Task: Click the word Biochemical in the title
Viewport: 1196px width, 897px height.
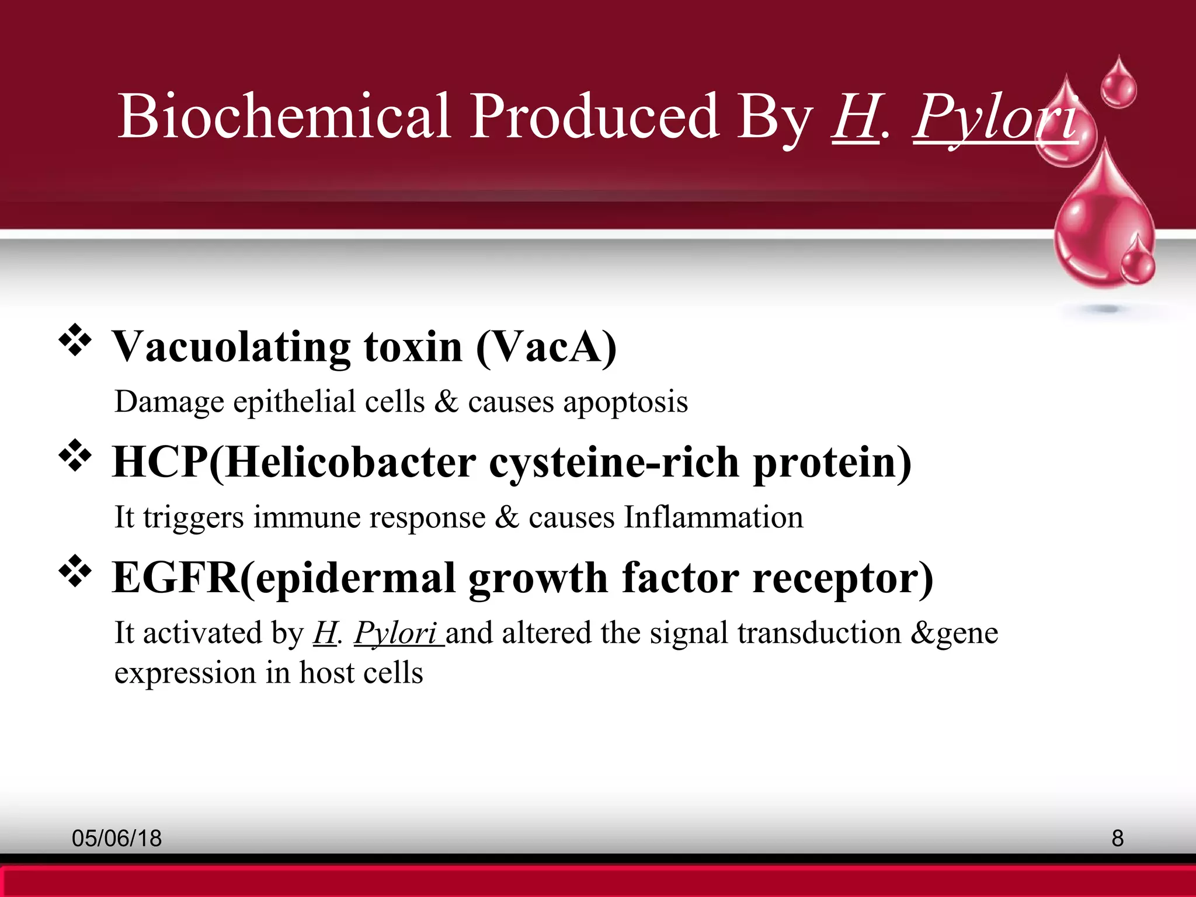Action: pos(284,116)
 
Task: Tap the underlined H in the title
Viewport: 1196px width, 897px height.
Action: pos(855,116)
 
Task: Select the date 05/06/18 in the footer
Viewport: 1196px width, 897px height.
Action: pos(117,839)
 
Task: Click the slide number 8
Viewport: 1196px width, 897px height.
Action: pos(1117,839)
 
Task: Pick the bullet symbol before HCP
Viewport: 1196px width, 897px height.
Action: pos(75,456)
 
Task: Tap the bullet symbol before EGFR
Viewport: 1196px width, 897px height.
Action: pos(75,572)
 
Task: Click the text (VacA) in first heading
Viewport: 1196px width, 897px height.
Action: pos(547,347)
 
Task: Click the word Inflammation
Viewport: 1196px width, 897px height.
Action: pos(713,517)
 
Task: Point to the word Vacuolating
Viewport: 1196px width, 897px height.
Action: pos(231,347)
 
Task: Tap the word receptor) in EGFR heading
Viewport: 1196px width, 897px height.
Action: pos(843,578)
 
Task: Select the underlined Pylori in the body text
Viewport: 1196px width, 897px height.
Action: pos(396,633)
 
